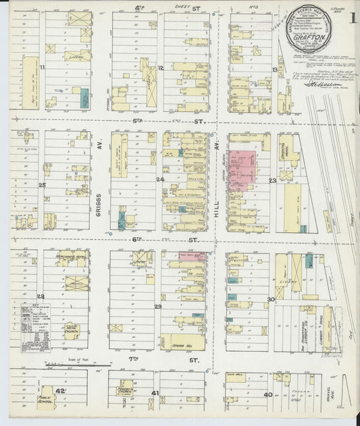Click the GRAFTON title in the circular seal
pyautogui.click(x=311, y=38)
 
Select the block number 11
pyautogui.click(x=42, y=68)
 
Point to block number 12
pyautogui.click(x=161, y=68)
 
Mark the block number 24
pyautogui.click(x=160, y=180)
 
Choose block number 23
pyautogui.click(x=273, y=181)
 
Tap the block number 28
pyautogui.click(x=41, y=296)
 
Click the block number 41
pyautogui.click(x=155, y=393)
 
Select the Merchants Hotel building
pyautogui.click(x=72, y=257)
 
